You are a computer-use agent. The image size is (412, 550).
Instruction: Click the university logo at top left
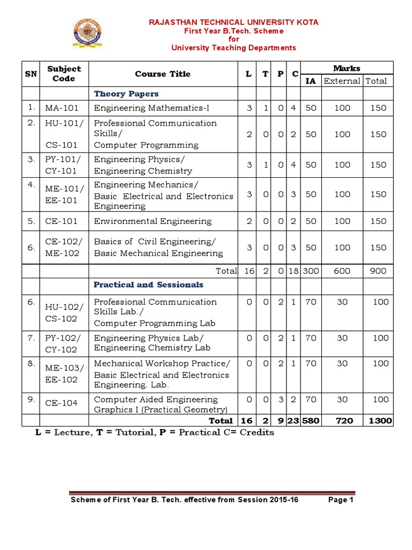pos(90,34)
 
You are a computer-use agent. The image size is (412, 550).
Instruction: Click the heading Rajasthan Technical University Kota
pos(233,22)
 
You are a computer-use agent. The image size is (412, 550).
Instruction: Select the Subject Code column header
pos(64,74)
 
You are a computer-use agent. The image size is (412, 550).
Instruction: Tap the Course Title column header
pos(163,74)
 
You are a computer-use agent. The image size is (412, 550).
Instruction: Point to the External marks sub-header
pos(342,81)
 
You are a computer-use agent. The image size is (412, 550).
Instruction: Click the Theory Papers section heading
pos(126,94)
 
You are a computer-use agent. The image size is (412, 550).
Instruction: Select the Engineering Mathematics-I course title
pos(152,108)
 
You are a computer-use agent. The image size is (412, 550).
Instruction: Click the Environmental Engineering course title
pos(153,221)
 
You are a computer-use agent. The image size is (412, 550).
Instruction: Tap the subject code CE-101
pos(61,221)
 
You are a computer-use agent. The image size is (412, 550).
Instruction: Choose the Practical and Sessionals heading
pos(149,285)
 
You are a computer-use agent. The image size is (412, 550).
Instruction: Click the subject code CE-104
pos(61,403)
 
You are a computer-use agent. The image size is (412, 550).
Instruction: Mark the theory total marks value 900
pos(378,271)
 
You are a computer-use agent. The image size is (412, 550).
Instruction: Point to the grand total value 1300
pos(380,421)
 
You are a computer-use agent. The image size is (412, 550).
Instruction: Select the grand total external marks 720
pos(342,421)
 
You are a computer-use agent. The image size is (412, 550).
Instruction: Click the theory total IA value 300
pos(311,271)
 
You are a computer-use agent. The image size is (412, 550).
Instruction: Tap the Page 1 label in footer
pos(341,500)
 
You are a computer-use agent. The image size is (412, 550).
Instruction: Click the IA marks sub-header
pos(311,81)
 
